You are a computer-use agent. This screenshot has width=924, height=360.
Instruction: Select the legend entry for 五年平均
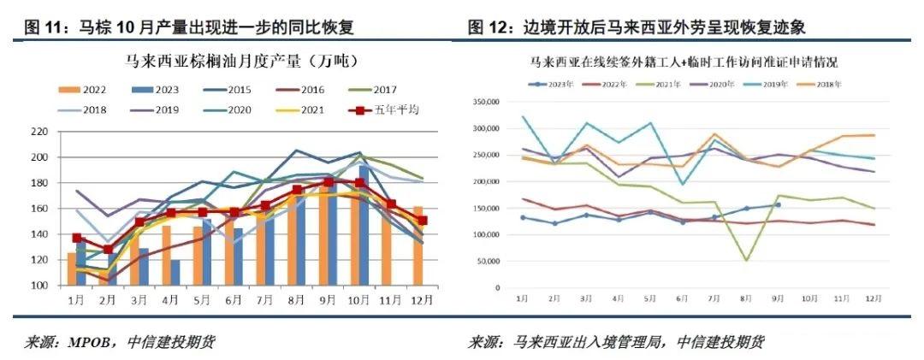pyautogui.click(x=385, y=110)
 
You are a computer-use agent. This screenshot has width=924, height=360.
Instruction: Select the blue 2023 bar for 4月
pyautogui.click(x=175, y=273)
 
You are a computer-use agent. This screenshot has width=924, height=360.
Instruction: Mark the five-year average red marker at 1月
pyautogui.click(x=76, y=239)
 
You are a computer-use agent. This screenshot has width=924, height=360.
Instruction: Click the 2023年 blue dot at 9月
pyautogui.click(x=777, y=204)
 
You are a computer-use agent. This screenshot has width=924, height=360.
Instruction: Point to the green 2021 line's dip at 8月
pyautogui.click(x=745, y=260)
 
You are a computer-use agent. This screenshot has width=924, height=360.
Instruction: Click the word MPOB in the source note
pyautogui.click(x=88, y=343)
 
